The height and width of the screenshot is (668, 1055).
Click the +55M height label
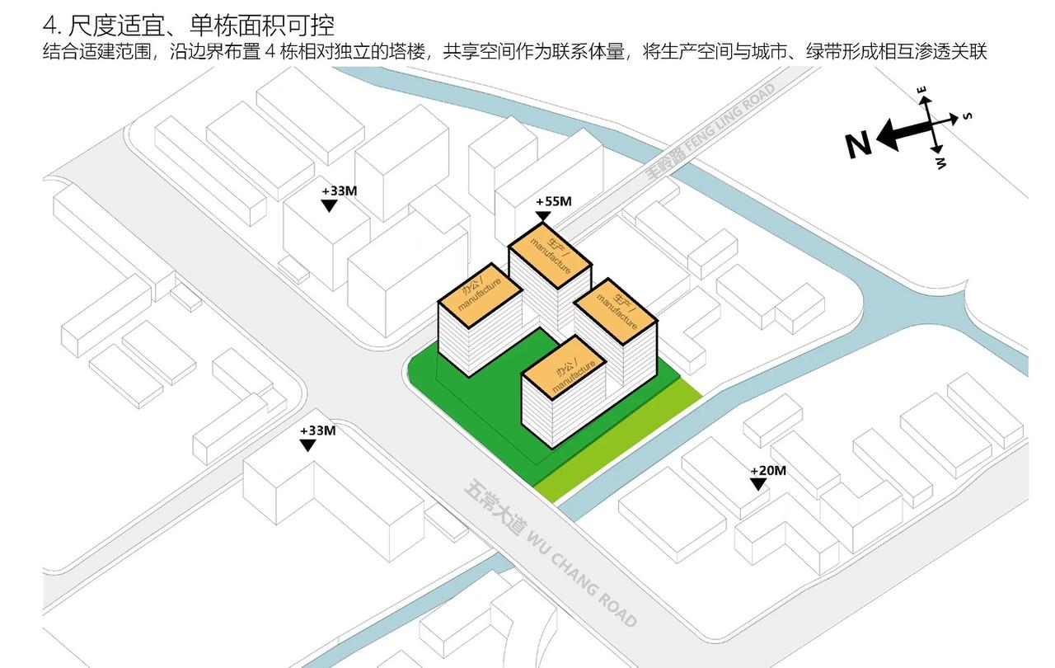point(553,201)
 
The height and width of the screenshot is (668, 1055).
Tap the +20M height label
point(768,471)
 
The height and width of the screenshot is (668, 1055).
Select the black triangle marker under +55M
point(542,217)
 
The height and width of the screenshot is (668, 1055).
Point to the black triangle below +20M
point(757,485)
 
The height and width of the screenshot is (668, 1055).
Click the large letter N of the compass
point(858,145)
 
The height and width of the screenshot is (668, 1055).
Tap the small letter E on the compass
point(922,89)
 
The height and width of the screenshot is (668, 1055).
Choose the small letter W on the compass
point(940,163)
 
